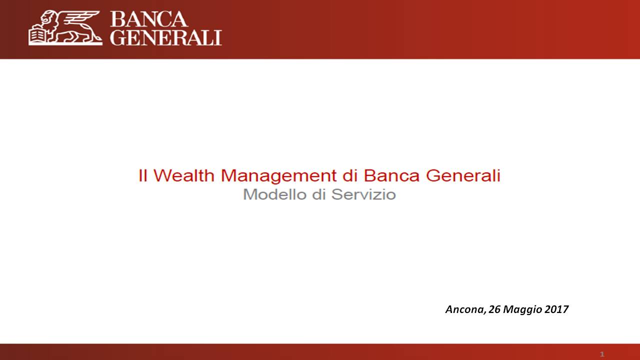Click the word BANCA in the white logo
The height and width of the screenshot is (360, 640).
(x=149, y=19)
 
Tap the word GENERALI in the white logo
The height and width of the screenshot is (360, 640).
(x=166, y=37)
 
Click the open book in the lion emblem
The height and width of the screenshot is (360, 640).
(x=37, y=35)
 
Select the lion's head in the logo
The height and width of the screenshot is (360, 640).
(x=49, y=17)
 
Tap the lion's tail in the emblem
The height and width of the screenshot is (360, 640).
(x=94, y=35)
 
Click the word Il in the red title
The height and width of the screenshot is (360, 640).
(x=143, y=175)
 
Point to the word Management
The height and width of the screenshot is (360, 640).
(x=278, y=176)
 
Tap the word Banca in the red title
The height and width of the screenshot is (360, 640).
(x=391, y=175)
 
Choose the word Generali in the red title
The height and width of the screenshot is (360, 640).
(x=463, y=175)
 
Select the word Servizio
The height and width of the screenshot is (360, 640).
(x=363, y=194)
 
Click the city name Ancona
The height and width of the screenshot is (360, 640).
(x=465, y=309)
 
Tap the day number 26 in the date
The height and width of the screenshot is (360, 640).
(x=494, y=309)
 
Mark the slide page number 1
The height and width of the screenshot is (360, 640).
(x=602, y=354)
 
